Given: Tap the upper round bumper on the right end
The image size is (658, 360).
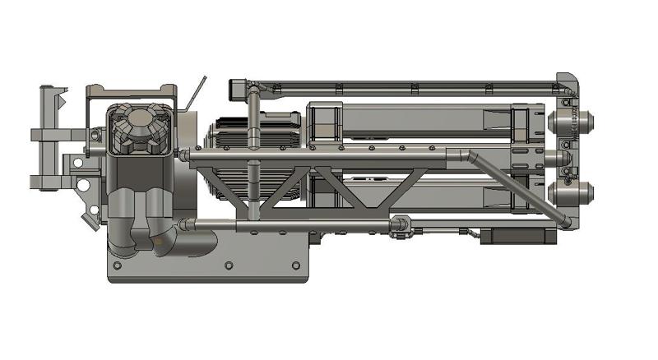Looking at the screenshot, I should (x=586, y=122).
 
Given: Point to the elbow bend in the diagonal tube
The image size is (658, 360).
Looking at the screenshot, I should (x=466, y=154).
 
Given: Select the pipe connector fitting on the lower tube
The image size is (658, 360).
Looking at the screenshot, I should (x=402, y=224).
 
